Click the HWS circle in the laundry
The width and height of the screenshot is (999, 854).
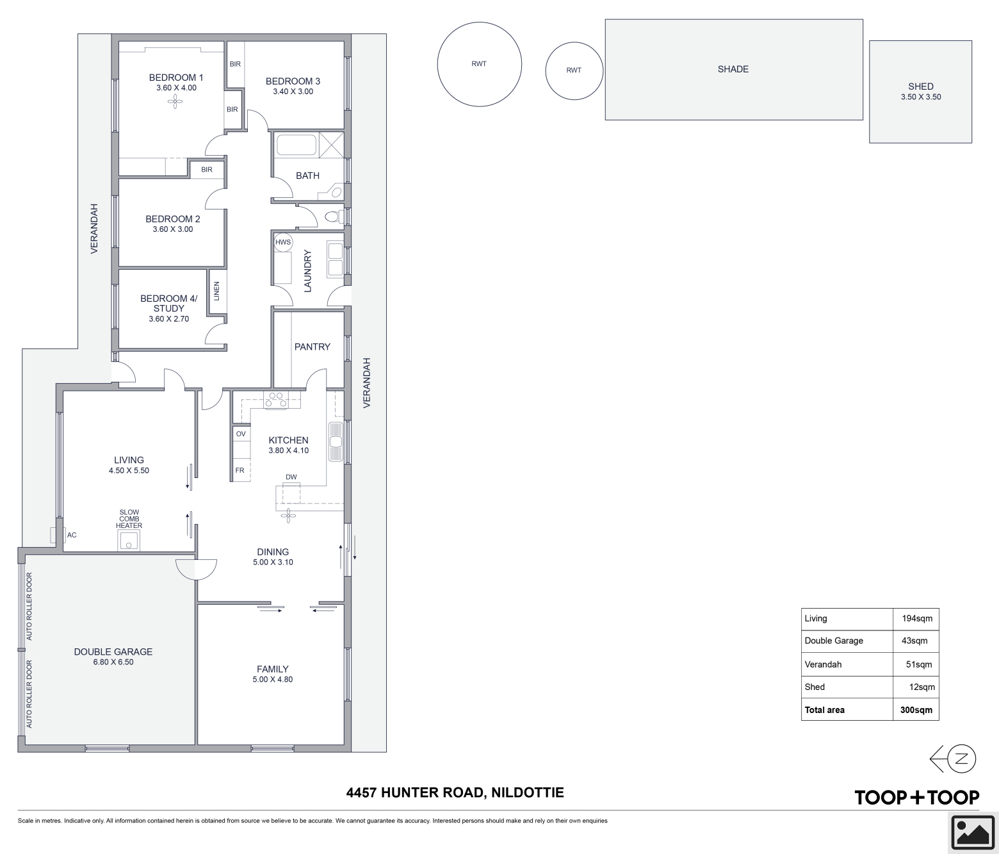pyautogui.click(x=283, y=242)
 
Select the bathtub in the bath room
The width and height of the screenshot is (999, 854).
pyautogui.click(x=296, y=145)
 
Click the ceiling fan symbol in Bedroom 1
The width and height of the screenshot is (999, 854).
pyautogui.click(x=175, y=101)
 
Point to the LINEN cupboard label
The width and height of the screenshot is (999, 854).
pyautogui.click(x=216, y=291)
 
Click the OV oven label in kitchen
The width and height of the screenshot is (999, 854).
pyautogui.click(x=241, y=434)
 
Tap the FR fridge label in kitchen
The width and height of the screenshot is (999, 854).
pyautogui.click(x=240, y=470)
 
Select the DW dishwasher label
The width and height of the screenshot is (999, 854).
pyautogui.click(x=291, y=477)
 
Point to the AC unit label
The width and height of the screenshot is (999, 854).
pyautogui.click(x=72, y=535)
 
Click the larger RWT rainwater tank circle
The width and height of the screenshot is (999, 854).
pyautogui.click(x=480, y=64)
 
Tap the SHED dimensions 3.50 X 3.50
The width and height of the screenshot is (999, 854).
pyautogui.click(x=921, y=97)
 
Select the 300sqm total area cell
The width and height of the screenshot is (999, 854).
pyautogui.click(x=916, y=710)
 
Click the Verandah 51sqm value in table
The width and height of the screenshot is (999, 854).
pyautogui.click(x=919, y=664)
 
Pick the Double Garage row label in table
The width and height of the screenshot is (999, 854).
pyautogui.click(x=834, y=641)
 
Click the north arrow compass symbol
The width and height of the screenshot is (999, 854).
pyautogui.click(x=953, y=759)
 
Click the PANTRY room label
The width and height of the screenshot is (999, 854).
pyautogui.click(x=313, y=347)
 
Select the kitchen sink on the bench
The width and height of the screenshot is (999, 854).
pyautogui.click(x=336, y=441)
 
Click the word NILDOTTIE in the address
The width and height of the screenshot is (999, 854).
pyautogui.click(x=527, y=792)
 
